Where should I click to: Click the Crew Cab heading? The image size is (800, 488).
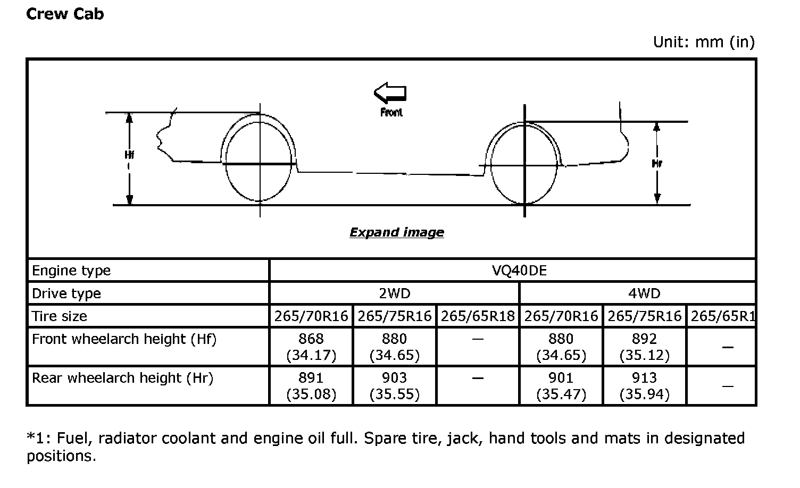[x=65, y=14]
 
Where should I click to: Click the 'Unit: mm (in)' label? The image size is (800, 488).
[x=704, y=42]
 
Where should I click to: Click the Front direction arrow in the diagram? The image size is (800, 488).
[x=390, y=92]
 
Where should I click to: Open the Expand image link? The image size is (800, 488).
[x=397, y=232]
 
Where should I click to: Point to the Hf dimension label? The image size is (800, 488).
[x=129, y=155]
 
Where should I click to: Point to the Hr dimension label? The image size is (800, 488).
[x=657, y=164]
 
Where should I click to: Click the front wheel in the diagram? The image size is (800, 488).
[x=259, y=162]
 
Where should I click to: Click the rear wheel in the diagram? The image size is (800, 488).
[x=524, y=164]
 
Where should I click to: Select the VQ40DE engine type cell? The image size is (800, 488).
[x=519, y=271]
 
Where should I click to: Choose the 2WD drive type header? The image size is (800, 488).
[x=395, y=293]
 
